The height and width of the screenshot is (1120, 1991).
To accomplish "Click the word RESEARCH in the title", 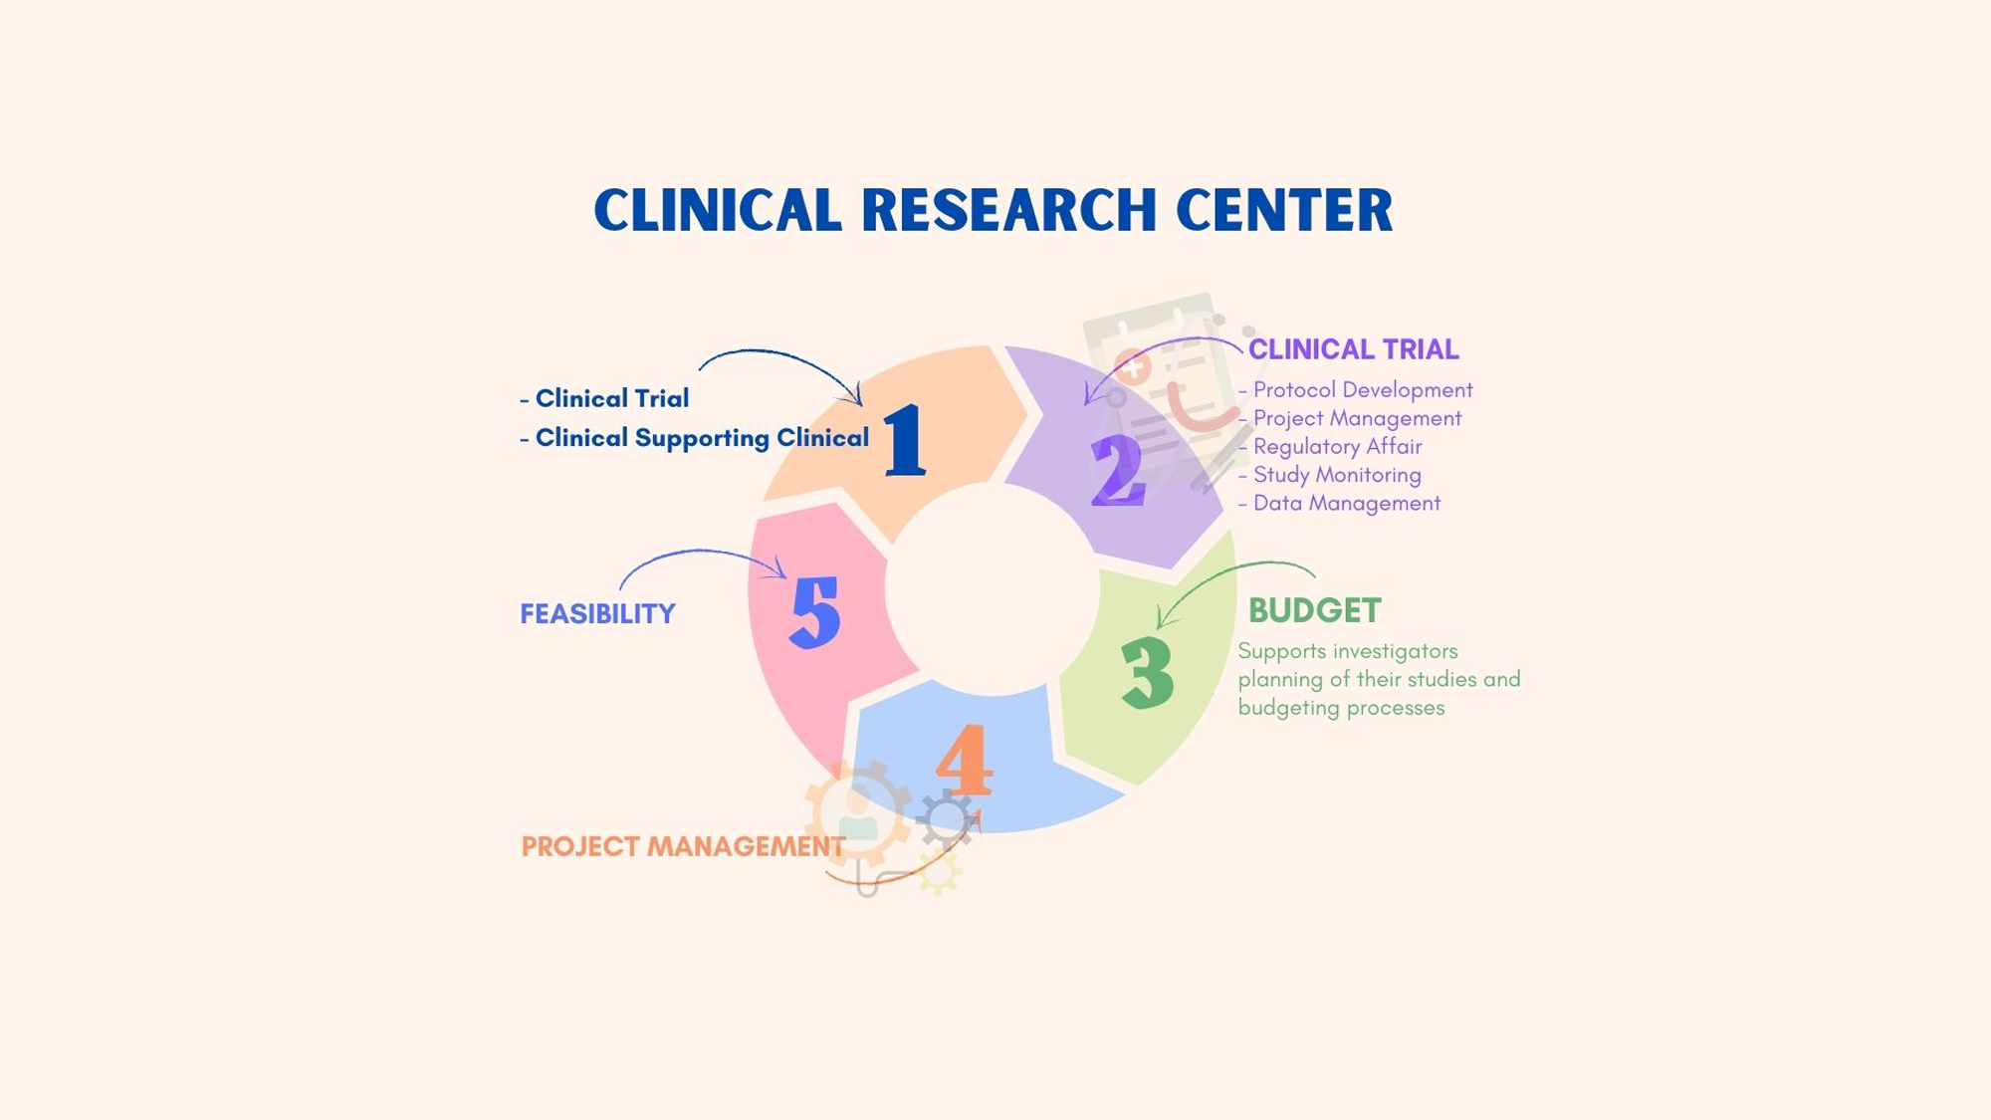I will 1008,210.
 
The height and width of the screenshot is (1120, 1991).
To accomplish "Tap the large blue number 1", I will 904,439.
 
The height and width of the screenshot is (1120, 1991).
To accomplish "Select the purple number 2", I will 1118,471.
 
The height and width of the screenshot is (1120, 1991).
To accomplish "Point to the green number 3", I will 1148,673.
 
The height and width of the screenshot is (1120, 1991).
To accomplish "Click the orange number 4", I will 964,760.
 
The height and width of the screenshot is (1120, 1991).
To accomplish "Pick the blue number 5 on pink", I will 815,612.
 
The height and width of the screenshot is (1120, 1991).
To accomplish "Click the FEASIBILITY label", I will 597,614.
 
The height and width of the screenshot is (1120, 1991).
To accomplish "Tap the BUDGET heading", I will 1314,610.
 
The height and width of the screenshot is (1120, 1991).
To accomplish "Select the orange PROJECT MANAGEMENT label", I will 683,846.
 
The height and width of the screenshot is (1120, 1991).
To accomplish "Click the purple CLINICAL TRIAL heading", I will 1353,349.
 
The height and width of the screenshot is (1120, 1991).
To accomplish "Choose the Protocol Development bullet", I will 1362,390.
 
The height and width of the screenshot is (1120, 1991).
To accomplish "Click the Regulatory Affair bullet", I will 1337,447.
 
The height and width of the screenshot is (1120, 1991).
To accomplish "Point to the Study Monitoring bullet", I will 1336,475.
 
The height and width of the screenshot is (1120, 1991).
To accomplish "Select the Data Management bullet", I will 1346,504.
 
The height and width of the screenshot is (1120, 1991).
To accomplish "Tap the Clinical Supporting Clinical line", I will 701,438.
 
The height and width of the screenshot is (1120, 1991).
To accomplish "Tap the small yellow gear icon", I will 939,873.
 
